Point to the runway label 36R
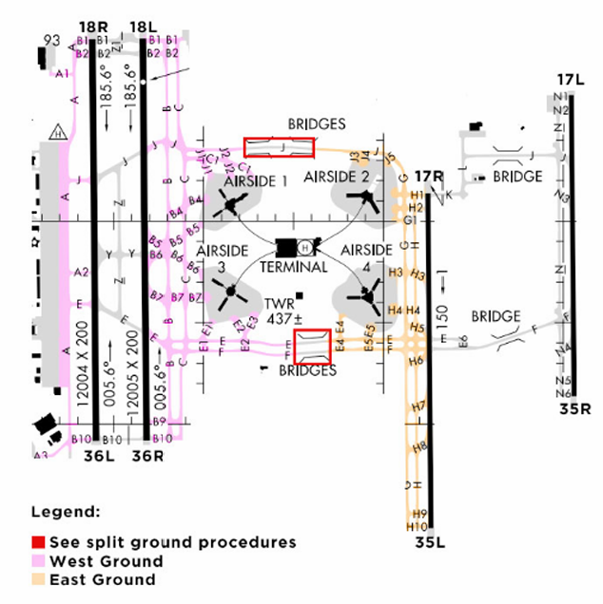[x=148, y=456]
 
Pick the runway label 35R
[x=575, y=410]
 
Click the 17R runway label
[x=430, y=176]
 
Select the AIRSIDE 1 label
[x=255, y=180]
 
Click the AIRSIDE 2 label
[x=336, y=178]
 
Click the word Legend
[x=66, y=512]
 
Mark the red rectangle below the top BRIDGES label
[x=279, y=147]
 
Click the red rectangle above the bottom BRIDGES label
[x=312, y=346]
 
